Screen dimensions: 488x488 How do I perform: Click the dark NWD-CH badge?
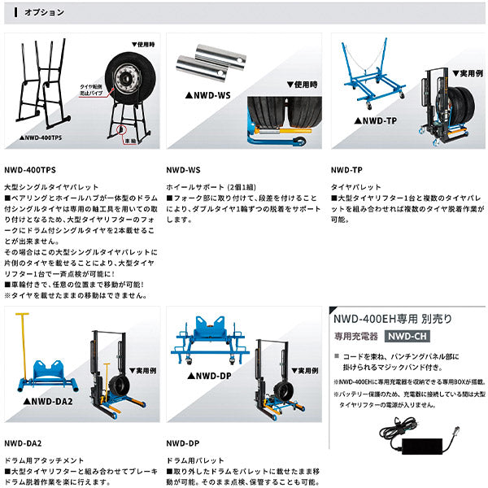click(x=406, y=336)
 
